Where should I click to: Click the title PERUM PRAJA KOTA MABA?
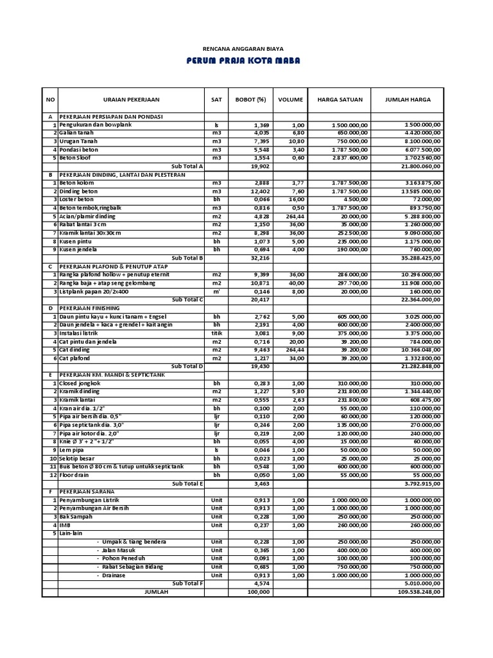[x=243, y=61]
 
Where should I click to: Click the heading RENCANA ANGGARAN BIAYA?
[x=243, y=48]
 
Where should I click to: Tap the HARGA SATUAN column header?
[x=340, y=100]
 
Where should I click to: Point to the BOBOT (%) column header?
[x=250, y=100]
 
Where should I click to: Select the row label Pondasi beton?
[x=79, y=150]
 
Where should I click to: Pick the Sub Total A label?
[x=187, y=166]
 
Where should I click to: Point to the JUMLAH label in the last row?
[x=156, y=592]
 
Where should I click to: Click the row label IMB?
[x=65, y=525]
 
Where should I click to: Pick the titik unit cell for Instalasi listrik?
[x=216, y=333]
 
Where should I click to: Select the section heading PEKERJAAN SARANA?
[x=85, y=492]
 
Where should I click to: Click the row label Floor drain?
[x=75, y=475]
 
